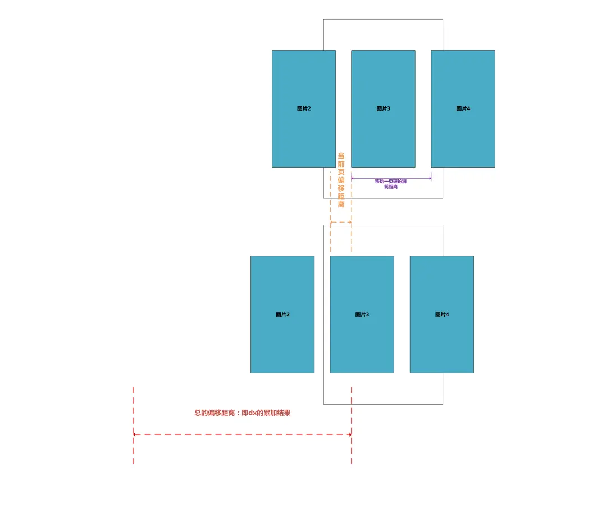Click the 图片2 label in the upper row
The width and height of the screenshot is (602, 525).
[x=304, y=109]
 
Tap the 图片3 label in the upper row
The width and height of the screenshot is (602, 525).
[x=384, y=109]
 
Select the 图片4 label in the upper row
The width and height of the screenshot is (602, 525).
[x=463, y=109]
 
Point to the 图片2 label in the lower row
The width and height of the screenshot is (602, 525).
[x=282, y=315]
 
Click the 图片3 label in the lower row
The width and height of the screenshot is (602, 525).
[x=362, y=315]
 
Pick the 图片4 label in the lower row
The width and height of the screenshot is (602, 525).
[x=442, y=315]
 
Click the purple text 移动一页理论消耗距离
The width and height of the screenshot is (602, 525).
[x=391, y=184]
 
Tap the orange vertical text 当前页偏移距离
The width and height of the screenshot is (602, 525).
[x=341, y=180]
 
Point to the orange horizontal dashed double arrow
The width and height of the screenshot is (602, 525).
[x=341, y=223]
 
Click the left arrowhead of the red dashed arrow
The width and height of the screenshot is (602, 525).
[x=135, y=435]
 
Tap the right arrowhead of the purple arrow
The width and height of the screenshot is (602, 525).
[x=430, y=179]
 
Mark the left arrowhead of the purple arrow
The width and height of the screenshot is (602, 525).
[x=353, y=179]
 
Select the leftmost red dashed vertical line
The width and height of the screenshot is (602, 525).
[x=133, y=425]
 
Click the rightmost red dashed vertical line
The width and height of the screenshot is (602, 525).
[x=352, y=425]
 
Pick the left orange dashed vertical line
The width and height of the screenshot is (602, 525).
[x=330, y=236]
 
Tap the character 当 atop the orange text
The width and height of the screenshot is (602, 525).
[x=341, y=156]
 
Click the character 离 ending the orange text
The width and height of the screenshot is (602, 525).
[x=341, y=204]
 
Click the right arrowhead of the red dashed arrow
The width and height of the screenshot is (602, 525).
[x=350, y=435]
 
